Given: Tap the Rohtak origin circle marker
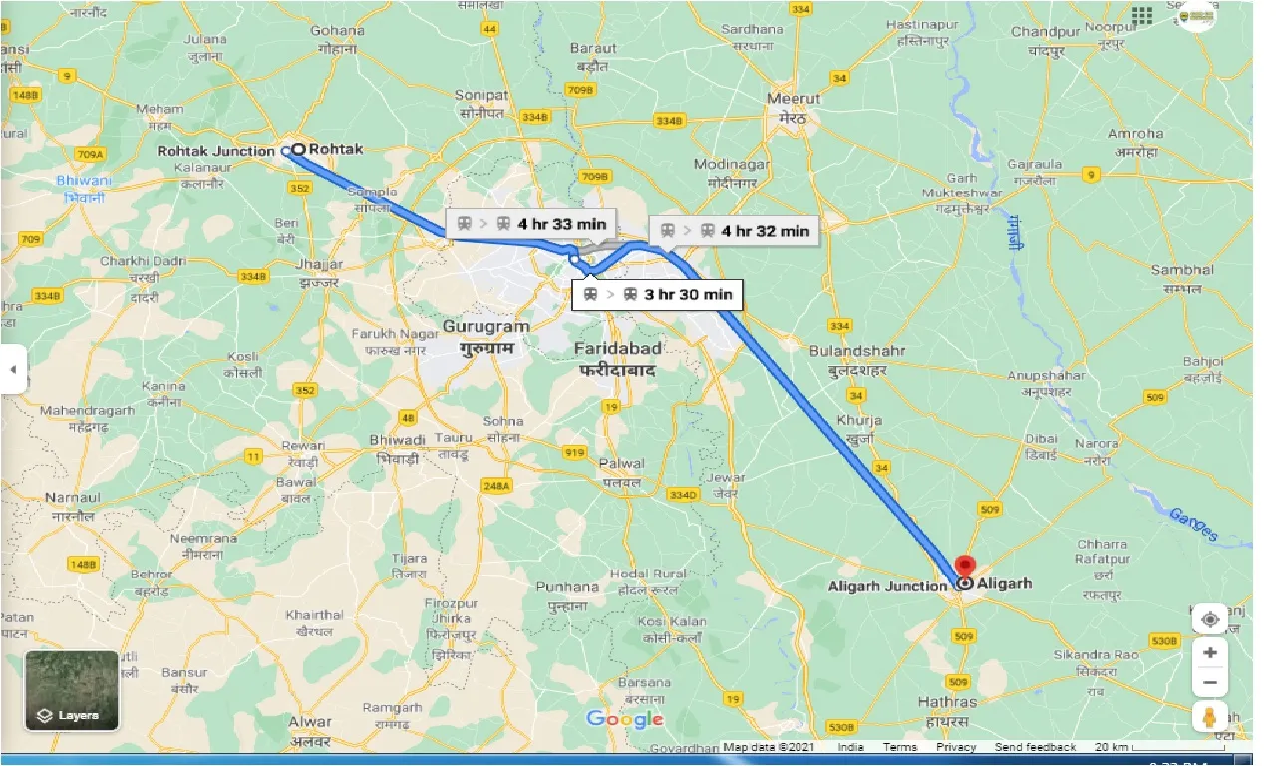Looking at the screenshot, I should pyautogui.click(x=298, y=149).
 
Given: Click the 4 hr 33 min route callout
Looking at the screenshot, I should pyautogui.click(x=527, y=224).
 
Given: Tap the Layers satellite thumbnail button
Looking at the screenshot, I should pyautogui.click(x=72, y=691).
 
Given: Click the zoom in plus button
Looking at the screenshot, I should pyautogui.click(x=1210, y=652).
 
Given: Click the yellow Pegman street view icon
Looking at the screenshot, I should pyautogui.click(x=1210, y=717).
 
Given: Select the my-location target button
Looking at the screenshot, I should pyautogui.click(x=1210, y=619).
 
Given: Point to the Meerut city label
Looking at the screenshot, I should pyautogui.click(x=795, y=99).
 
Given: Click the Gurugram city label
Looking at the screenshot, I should pyautogui.click(x=485, y=327).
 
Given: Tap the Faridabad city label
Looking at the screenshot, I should pyautogui.click(x=617, y=347).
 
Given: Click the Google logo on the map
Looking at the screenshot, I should pyautogui.click(x=625, y=719).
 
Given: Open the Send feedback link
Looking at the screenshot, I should pyautogui.click(x=1035, y=747).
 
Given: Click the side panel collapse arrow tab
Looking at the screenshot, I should pyautogui.click(x=13, y=369).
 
